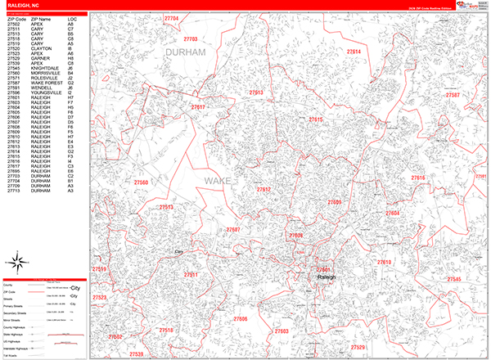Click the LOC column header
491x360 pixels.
coord(72,18)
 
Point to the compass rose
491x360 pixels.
coord(16,263)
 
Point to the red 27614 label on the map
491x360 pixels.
coord(354,52)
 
